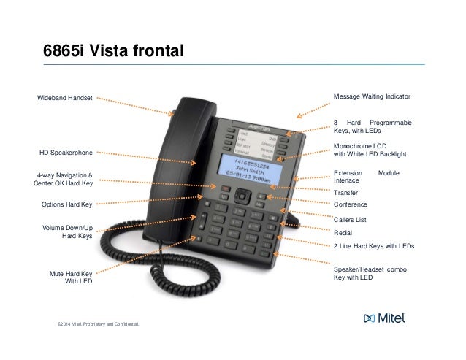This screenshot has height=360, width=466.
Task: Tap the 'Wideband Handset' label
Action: [x=65, y=97]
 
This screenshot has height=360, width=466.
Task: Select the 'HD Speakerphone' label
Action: [x=66, y=153]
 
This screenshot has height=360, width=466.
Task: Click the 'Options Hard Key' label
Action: [x=66, y=204]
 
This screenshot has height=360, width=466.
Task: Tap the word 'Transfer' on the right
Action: [x=345, y=192]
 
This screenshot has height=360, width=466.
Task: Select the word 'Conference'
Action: [x=350, y=204]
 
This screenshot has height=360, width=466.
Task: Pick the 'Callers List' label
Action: [x=349, y=219]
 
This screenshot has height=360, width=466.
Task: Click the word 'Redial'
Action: [x=343, y=232]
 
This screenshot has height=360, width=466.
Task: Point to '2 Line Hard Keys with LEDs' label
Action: [x=373, y=247]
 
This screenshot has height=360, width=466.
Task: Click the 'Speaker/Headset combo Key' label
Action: [x=369, y=273]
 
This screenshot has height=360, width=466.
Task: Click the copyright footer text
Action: [x=96, y=323]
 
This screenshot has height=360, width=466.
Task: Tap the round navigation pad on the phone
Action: [x=242, y=196]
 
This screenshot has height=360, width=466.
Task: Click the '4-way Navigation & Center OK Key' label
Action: [x=64, y=180]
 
